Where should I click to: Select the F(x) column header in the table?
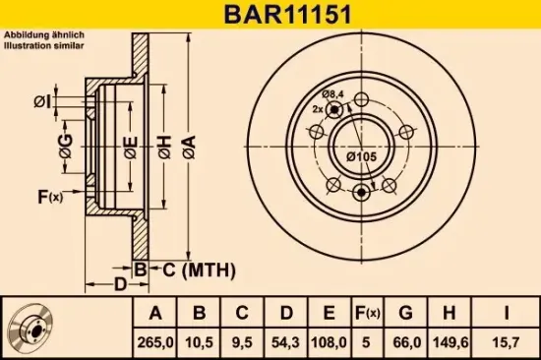pos(368,314)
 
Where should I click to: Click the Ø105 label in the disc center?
pos(362,155)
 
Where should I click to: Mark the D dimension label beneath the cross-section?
pos(119,285)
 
